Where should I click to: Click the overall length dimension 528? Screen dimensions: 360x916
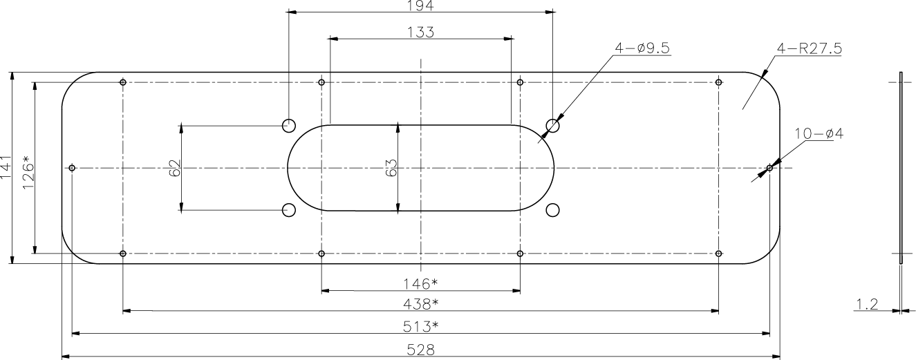coord(420,350)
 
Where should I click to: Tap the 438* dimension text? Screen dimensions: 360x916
coord(420,303)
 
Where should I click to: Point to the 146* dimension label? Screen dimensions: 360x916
coord(420,283)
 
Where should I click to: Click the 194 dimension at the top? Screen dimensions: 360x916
coord(420,5)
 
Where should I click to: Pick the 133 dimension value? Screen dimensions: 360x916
coord(420,31)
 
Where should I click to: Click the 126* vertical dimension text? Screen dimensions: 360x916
coord(28,168)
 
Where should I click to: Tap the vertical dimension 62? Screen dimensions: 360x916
coord(174,168)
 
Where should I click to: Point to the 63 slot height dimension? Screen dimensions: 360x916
coord(391,168)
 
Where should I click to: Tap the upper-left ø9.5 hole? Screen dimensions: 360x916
coord(289,125)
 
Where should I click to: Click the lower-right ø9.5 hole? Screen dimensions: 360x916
coord(552,210)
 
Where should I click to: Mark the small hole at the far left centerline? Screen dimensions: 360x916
coord(73,168)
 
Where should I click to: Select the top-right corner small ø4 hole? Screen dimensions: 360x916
coord(719,83)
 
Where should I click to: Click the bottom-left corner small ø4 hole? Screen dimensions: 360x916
coord(123,254)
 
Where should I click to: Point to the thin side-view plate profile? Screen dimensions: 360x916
coord(901,168)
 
